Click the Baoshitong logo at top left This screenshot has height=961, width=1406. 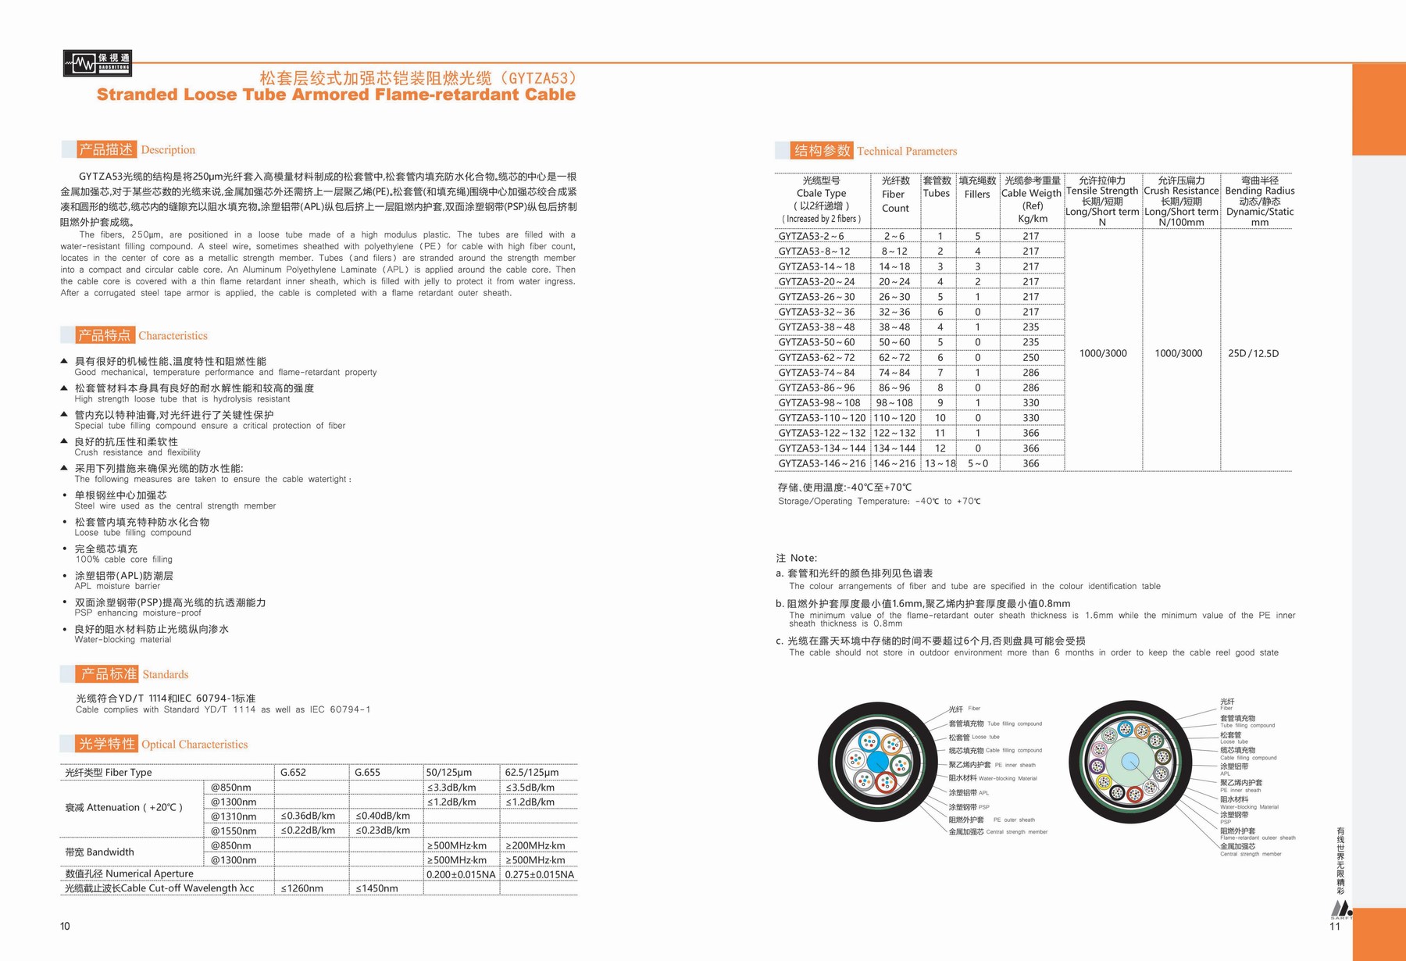coord(98,63)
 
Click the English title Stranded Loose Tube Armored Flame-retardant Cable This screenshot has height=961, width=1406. coord(336,95)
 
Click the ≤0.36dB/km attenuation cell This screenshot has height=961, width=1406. coord(308,816)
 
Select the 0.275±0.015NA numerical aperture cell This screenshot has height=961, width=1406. coord(539,874)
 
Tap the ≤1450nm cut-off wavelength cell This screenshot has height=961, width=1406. coord(376,888)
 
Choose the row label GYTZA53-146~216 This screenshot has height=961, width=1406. coord(822,463)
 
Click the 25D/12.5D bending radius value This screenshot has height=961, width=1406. coord(1253,353)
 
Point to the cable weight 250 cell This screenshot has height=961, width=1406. coord(1031,357)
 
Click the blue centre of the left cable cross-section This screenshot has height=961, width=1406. coord(877,761)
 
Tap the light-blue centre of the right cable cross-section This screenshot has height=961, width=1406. coord(1129,762)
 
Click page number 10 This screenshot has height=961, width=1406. coord(65,926)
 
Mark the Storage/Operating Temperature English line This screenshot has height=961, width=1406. coord(879,502)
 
